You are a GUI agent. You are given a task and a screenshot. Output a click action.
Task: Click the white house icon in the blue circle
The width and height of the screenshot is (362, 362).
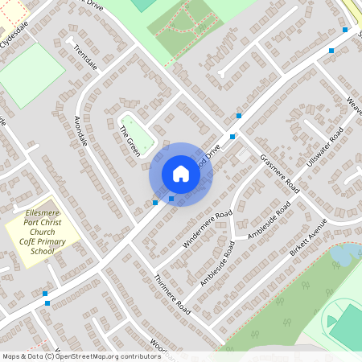180,174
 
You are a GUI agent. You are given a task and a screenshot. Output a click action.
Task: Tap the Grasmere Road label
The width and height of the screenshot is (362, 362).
279,171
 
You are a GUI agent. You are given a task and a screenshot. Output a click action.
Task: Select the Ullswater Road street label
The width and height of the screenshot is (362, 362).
325,147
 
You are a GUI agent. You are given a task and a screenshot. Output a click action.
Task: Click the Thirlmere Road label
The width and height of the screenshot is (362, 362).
171,293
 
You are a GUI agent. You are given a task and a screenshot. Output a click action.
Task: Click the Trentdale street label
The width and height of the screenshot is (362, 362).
84,57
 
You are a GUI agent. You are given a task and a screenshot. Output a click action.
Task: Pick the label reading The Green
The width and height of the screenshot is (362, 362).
130,141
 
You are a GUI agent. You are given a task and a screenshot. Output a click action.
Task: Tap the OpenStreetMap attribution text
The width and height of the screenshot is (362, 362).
80,356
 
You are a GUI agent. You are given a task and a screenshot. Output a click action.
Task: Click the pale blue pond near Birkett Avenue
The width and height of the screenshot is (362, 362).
344,255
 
